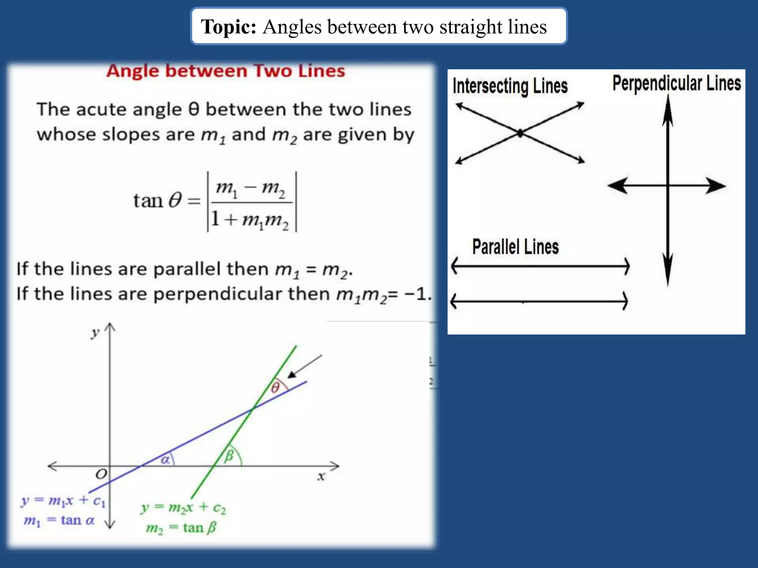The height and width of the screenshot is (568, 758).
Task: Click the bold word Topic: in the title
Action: coord(228,27)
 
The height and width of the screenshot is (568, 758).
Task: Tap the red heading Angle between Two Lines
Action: coord(225,71)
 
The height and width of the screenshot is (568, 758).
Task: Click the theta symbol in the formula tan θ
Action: coord(175,200)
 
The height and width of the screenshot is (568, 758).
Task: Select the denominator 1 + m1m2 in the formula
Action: coord(250,220)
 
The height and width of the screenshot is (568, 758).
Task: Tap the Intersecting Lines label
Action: coord(510,86)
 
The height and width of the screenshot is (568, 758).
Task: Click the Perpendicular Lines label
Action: coord(676,83)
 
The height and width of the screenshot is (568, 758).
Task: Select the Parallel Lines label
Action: coord(515,247)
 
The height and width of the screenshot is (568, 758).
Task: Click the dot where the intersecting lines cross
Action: coord(520,133)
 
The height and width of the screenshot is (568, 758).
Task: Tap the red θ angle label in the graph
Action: coord(275,388)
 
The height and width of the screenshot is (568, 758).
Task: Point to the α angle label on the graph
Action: coord(165,460)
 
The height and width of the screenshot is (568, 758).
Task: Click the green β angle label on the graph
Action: coord(229,455)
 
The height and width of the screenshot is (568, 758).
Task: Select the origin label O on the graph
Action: coord(101,474)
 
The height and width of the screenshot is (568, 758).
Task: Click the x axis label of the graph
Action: coord(321,476)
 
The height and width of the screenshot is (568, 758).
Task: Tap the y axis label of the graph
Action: coord(95,333)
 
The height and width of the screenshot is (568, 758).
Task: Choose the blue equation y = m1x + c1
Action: coord(63,501)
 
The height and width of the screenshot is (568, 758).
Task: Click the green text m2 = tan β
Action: coord(181,528)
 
